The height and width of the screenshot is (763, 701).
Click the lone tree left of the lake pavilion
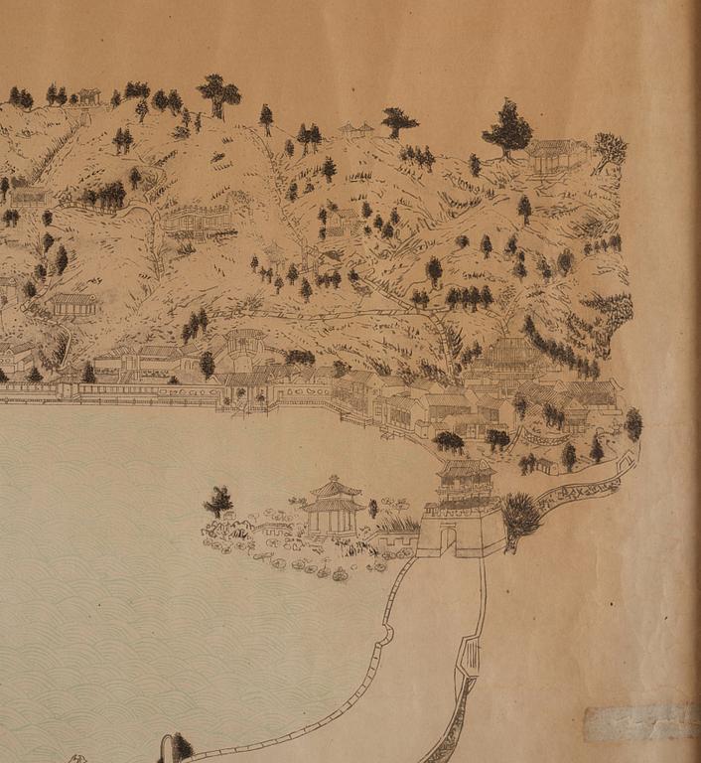(218, 501)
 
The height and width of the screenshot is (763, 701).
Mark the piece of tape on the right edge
(640, 722)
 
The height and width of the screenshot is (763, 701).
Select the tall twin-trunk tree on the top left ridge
(218, 94)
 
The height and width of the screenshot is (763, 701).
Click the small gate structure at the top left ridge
(89, 96)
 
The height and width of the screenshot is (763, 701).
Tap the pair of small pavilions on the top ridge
(355, 129)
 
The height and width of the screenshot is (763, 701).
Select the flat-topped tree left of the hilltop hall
(398, 120)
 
